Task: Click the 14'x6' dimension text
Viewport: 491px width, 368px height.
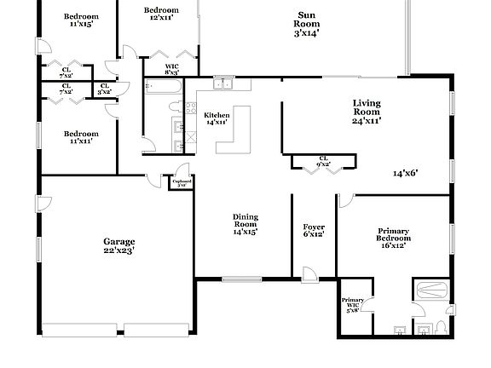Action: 405,173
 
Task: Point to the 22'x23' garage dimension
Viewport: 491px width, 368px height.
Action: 119,250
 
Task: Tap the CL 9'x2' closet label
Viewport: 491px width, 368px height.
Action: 324,160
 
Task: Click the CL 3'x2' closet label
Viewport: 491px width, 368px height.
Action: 105,88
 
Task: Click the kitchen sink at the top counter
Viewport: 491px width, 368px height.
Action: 224,84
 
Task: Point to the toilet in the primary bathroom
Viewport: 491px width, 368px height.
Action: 441,328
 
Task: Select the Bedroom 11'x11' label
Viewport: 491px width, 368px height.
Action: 81,137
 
